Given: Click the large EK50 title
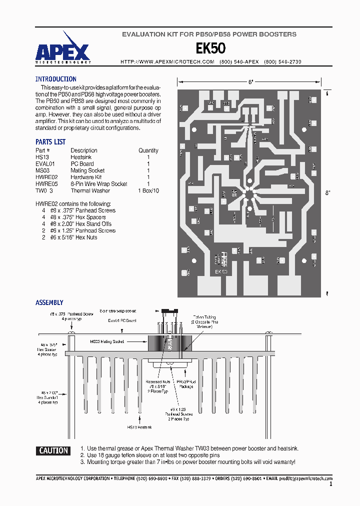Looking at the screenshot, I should pos(210,48).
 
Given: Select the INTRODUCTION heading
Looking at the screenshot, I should pos(55,79).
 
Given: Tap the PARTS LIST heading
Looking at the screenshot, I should pos(50,142).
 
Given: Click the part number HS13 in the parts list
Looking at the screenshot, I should pos(42,157).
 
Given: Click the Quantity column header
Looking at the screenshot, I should pos(148,150).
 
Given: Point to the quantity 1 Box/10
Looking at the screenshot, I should pos(148,190).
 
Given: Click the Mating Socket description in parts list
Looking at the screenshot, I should pos(87,170).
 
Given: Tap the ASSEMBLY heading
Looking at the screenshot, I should pos(49,302).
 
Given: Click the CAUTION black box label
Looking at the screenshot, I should pos(53,450).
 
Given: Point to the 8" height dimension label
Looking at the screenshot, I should pos(327,192).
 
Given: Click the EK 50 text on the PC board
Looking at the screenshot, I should pos(221,271).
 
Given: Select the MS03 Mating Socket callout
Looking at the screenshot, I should pos(107,341).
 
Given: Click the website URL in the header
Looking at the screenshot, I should pos(167,61).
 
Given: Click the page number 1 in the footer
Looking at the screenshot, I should pos(330,484).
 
